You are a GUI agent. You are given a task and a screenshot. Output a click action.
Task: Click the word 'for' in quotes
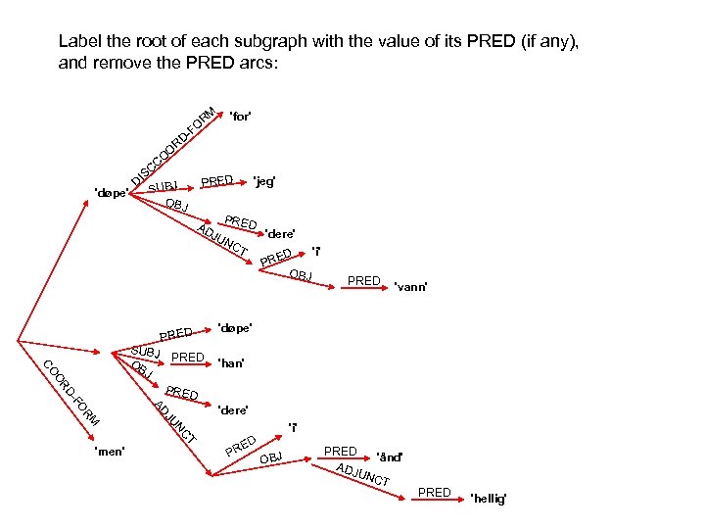(241, 117)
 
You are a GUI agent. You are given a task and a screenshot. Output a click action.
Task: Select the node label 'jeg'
(264, 181)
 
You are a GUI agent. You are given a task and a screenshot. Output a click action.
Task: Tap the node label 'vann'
(410, 286)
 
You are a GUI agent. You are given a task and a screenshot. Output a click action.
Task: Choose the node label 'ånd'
(390, 457)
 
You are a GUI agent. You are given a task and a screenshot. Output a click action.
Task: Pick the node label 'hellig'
(490, 500)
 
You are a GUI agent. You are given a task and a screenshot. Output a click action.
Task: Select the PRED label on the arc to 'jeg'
(216, 180)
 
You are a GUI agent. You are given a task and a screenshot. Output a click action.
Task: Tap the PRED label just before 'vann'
(364, 281)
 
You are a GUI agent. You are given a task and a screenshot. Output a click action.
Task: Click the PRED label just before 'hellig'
(434, 492)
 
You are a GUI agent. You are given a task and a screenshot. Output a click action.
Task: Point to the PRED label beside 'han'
(187, 358)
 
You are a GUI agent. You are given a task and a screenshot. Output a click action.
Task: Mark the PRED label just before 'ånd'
(340, 452)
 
